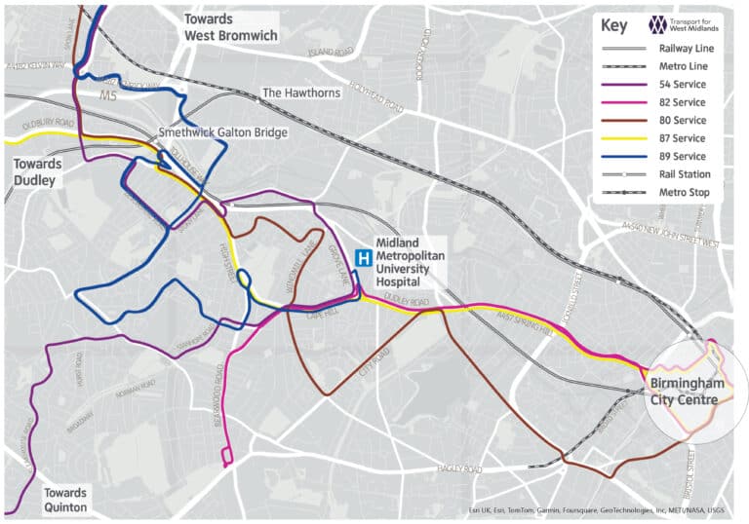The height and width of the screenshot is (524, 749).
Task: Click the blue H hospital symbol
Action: pos(363,258)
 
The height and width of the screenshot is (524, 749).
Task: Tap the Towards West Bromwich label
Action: pos(231,27)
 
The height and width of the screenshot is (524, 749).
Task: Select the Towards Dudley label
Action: pos(37,172)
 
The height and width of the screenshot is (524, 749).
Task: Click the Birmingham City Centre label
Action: pos(688,392)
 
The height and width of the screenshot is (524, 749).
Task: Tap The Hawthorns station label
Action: pos(302,94)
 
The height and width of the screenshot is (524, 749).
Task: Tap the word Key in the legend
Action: pos(614,26)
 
